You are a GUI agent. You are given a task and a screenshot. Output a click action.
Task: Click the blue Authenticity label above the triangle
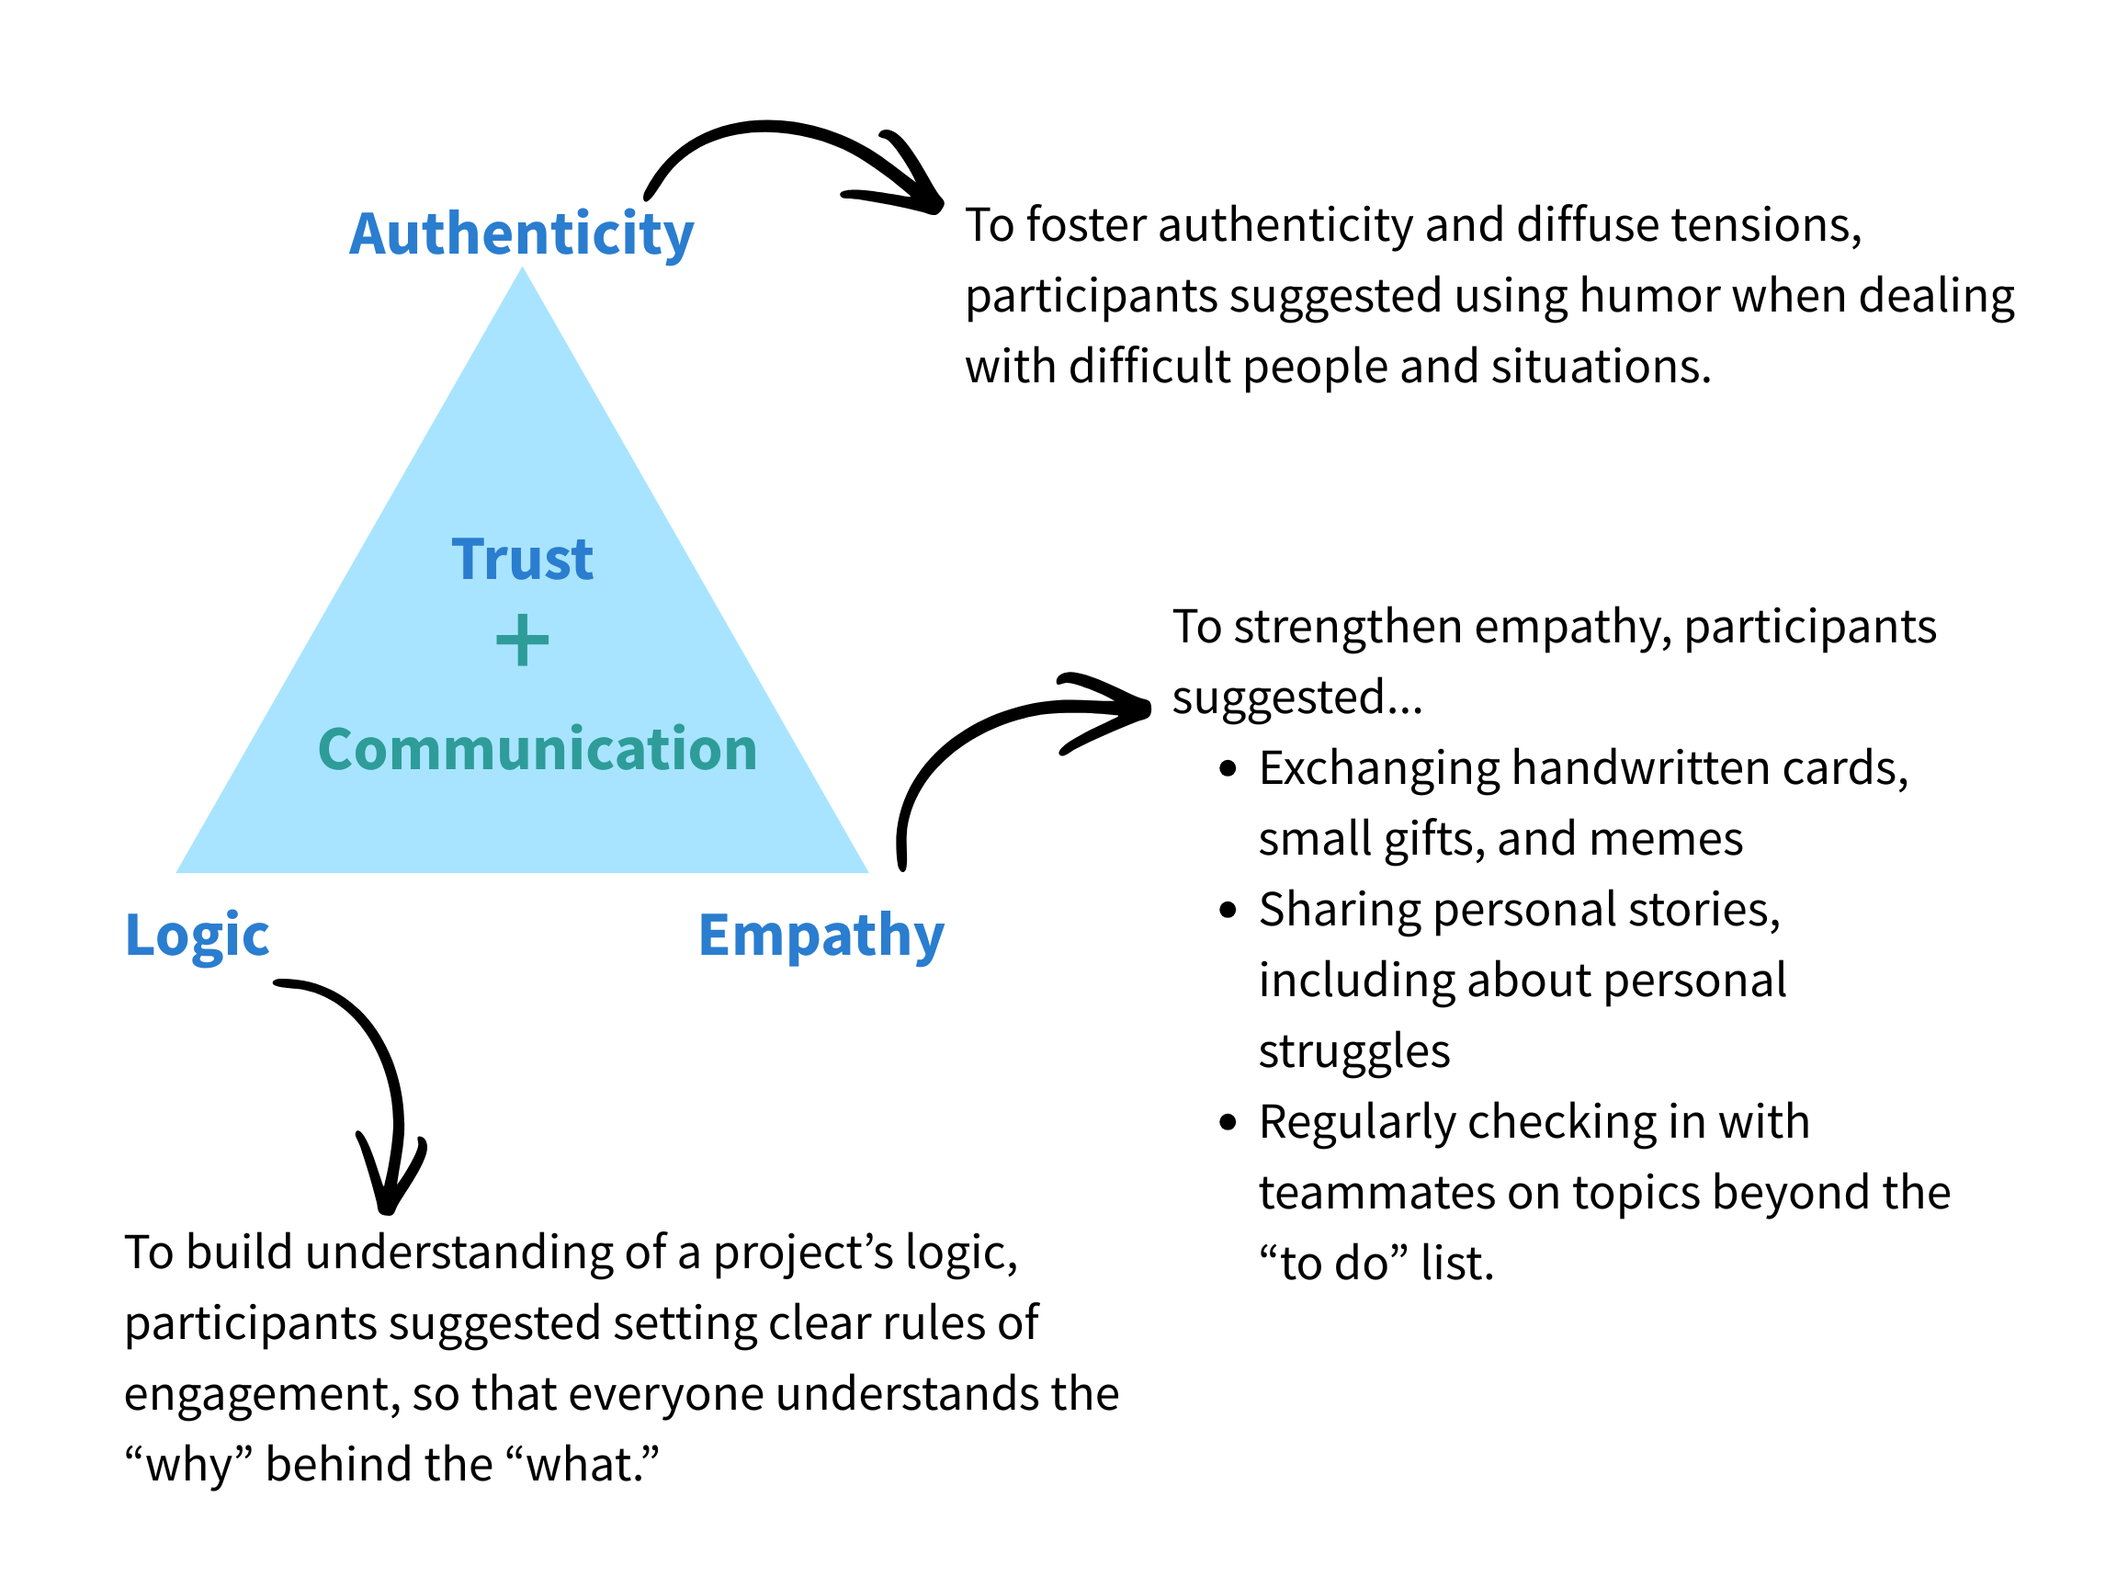[522, 233]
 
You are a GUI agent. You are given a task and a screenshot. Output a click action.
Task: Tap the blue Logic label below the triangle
[198, 935]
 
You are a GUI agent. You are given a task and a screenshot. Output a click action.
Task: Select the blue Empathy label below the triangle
[821, 935]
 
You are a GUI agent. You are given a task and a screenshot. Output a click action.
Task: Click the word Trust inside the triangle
[523, 559]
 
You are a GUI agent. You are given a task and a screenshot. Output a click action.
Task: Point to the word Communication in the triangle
[537, 749]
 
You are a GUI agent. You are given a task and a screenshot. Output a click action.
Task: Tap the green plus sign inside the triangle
[523, 641]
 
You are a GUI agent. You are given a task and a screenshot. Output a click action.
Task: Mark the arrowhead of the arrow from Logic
[388, 1197]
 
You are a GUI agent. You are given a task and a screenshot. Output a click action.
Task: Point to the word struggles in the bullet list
[1353, 1051]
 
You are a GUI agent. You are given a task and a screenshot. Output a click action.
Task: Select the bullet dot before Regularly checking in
[1228, 1122]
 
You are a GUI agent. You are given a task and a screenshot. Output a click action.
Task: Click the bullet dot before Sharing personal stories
[1228, 910]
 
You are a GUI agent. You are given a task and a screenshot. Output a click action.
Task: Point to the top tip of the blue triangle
[523, 270]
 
